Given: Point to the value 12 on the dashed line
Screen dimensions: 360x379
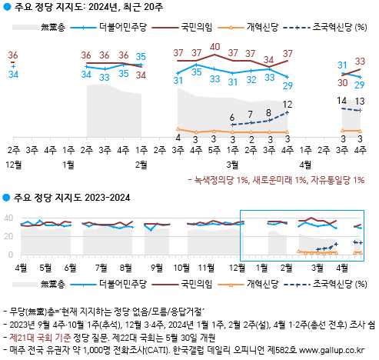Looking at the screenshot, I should click(x=288, y=104).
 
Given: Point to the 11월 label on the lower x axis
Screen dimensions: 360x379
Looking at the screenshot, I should click(x=207, y=267).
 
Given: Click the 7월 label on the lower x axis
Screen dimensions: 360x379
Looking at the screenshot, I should click(x=101, y=267).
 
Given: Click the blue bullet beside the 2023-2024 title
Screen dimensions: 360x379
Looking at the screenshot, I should click(x=6, y=198).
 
